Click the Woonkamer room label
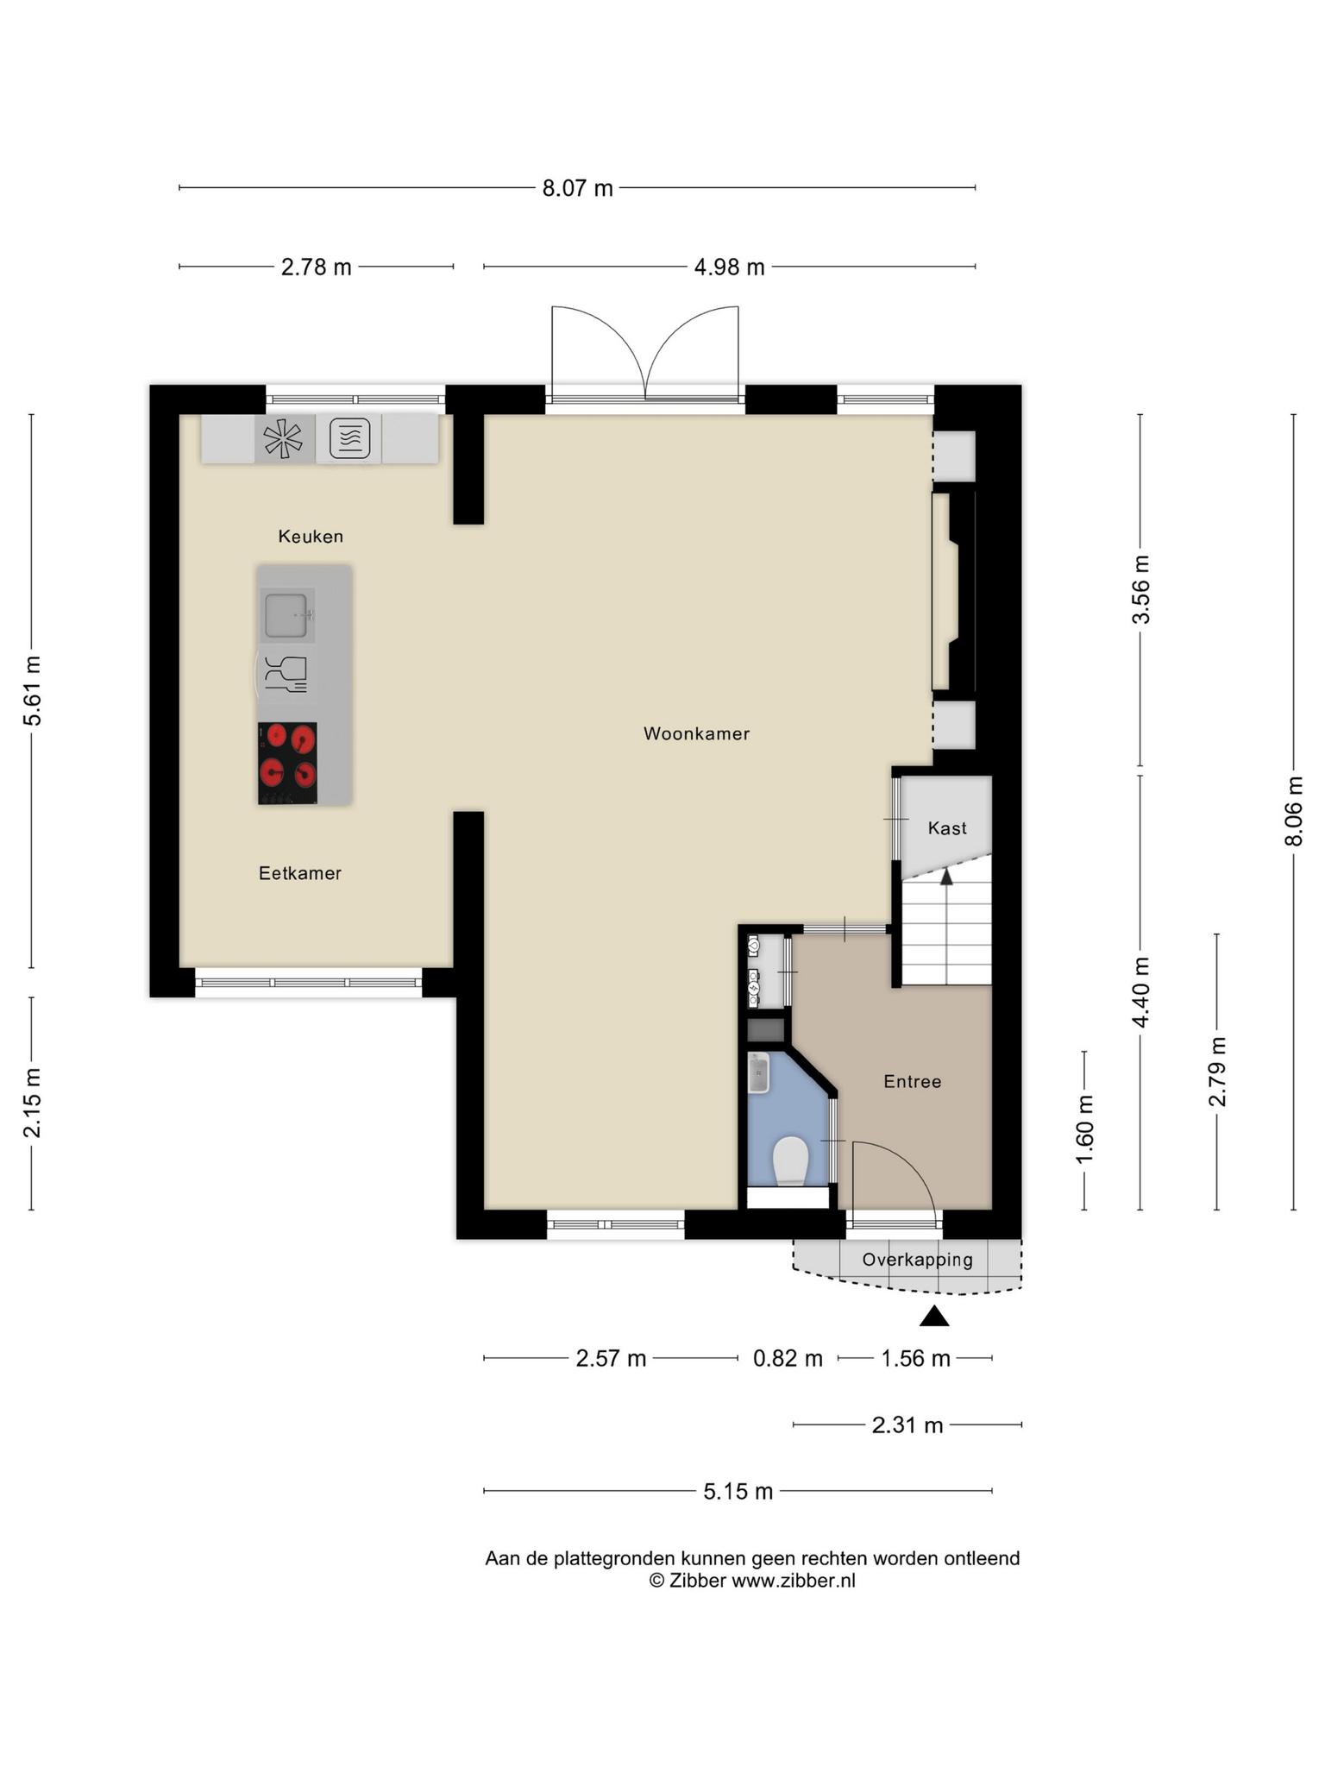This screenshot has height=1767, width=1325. pyautogui.click(x=696, y=734)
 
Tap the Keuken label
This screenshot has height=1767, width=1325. pyautogui.click(x=311, y=537)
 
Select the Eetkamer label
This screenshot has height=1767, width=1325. pyautogui.click(x=300, y=873)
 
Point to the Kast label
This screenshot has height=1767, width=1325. pyautogui.click(x=947, y=828)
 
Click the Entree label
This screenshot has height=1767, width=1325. pyautogui.click(x=913, y=1082)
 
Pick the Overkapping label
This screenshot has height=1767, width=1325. pyautogui.click(x=918, y=1260)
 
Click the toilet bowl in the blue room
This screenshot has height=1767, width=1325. pyautogui.click(x=790, y=1160)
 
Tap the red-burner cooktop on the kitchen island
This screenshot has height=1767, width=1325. pyautogui.click(x=287, y=764)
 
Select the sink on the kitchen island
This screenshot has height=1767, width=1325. pyautogui.click(x=287, y=615)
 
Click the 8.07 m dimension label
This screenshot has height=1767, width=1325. pyautogui.click(x=577, y=188)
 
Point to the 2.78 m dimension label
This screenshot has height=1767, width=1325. pyautogui.click(x=317, y=267)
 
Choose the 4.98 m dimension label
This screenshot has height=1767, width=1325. pyautogui.click(x=730, y=267)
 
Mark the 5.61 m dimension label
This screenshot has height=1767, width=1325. pyautogui.click(x=32, y=691)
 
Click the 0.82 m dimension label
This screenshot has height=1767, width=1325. pyautogui.click(x=788, y=1359)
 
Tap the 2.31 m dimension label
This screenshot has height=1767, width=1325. pyautogui.click(x=907, y=1425)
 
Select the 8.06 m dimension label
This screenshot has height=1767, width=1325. pyautogui.click(x=1294, y=811)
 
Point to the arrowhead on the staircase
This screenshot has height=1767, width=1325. pyautogui.click(x=946, y=877)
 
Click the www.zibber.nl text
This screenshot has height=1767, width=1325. pyautogui.click(x=794, y=1581)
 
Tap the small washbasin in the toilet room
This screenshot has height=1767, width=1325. pyautogui.click(x=759, y=1073)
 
